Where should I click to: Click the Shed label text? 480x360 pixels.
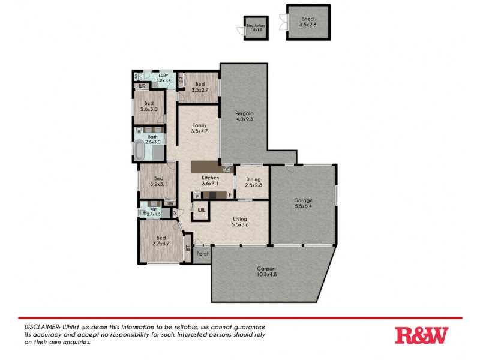tap(308, 18)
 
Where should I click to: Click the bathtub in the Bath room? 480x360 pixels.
tap(140, 151)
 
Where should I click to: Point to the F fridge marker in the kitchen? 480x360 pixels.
tap(230, 195)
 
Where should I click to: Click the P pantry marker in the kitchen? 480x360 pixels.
tap(197, 195)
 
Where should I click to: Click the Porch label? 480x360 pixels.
tap(203, 254)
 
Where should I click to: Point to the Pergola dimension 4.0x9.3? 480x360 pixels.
tap(244, 119)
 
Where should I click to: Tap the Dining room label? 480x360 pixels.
tap(253, 179)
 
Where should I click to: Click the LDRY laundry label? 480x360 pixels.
tap(163, 76)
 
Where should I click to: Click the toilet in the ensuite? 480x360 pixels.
tap(144, 213)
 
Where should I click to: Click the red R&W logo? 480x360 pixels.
tap(421, 335)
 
